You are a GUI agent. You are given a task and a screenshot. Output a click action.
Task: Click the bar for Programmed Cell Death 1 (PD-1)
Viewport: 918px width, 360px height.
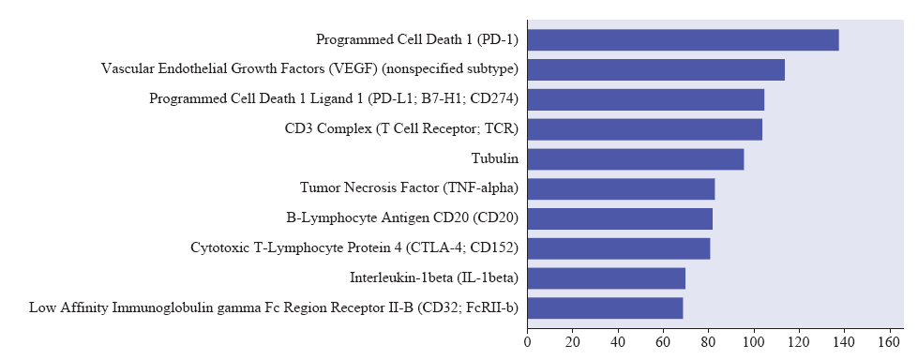pyautogui.click(x=684, y=39)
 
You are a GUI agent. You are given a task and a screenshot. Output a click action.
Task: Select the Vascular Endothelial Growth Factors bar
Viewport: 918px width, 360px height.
pyautogui.click(x=656, y=69)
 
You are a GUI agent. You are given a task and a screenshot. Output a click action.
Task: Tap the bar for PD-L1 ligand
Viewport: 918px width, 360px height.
pyautogui.click(x=646, y=99)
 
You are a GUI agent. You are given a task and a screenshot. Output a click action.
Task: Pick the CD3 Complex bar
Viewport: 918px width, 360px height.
pyautogui.click(x=645, y=129)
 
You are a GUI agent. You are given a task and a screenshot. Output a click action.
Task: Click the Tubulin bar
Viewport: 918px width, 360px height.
pyautogui.click(x=636, y=159)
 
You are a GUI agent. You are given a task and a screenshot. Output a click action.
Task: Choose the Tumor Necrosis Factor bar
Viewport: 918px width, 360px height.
pyautogui.click(x=621, y=189)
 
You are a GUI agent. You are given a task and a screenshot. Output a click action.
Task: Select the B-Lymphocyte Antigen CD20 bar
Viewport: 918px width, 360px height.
pyautogui.click(x=620, y=219)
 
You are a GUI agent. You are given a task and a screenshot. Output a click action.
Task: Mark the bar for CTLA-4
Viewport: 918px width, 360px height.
pyautogui.click(x=619, y=248)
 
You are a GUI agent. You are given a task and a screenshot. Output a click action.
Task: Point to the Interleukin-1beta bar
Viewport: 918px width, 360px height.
pyautogui.click(x=607, y=278)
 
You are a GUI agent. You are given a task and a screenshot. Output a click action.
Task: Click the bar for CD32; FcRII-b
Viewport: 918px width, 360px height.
pyautogui.click(x=606, y=308)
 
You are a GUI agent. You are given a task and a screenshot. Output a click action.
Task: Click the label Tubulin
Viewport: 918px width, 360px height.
pyautogui.click(x=495, y=158)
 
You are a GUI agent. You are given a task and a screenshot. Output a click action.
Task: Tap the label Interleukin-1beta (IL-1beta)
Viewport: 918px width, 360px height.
pyautogui.click(x=434, y=277)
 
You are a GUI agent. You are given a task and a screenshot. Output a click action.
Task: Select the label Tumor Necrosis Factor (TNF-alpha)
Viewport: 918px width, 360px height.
pyautogui.click(x=409, y=187)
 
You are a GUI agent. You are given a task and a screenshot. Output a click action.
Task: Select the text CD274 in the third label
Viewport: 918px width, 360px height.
pyautogui.click(x=495, y=99)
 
